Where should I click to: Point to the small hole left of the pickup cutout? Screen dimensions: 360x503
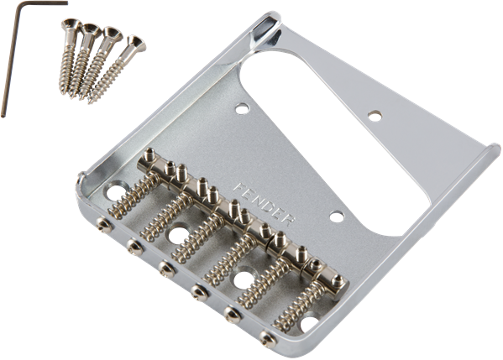click(x=243, y=108)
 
